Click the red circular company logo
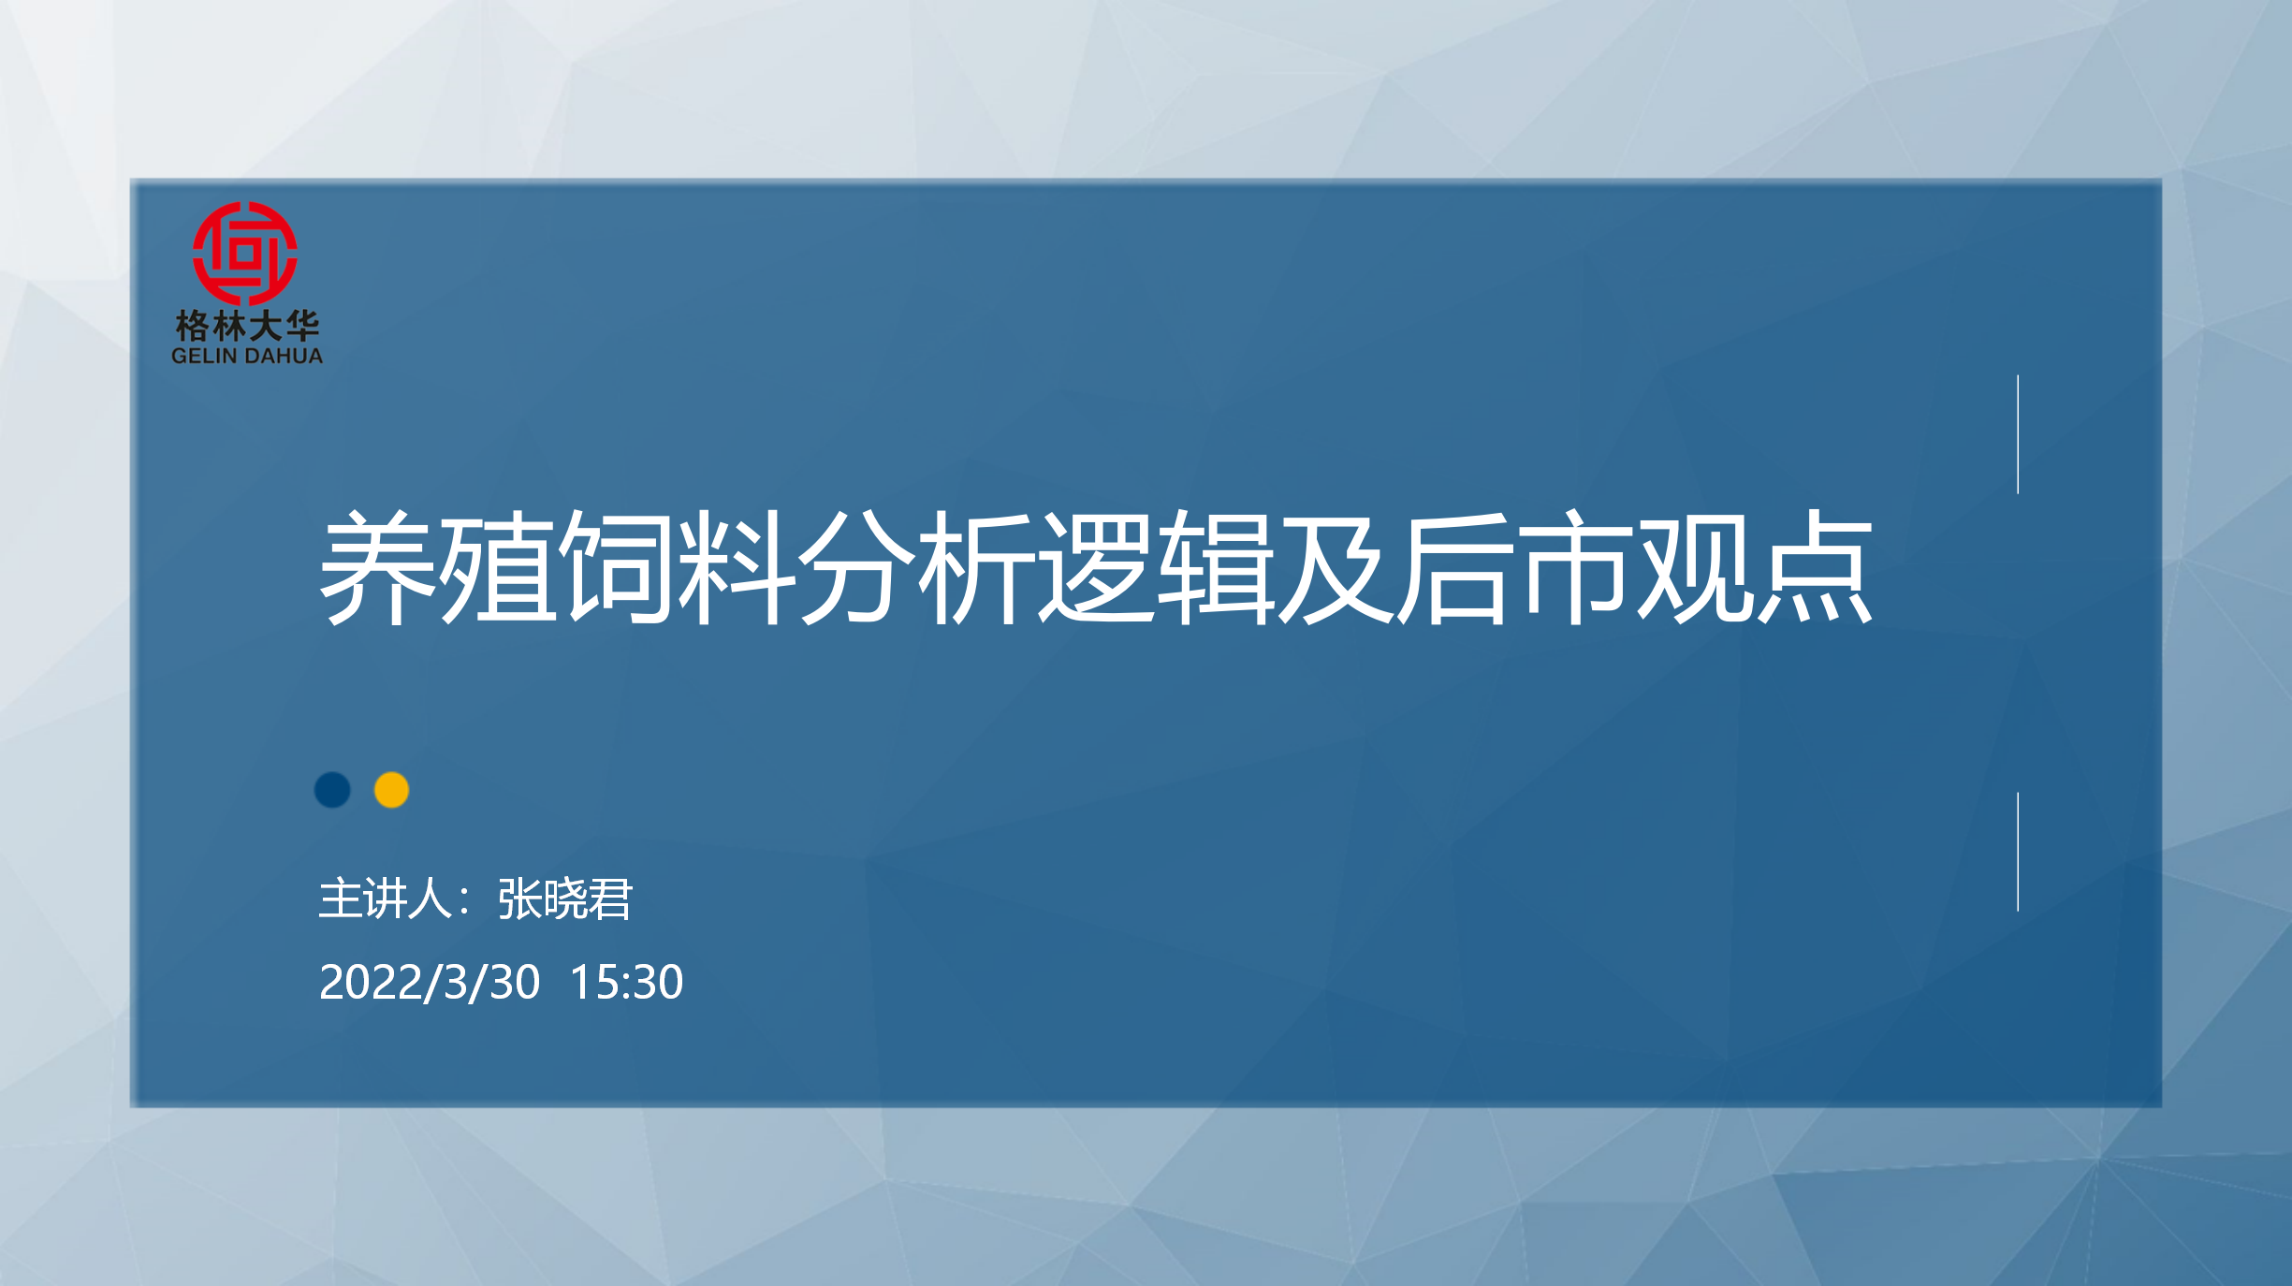point(245,254)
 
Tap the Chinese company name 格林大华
point(247,326)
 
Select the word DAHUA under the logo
point(284,356)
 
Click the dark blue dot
point(332,790)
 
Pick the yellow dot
point(391,790)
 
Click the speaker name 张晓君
point(565,899)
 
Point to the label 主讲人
point(386,899)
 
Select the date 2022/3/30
point(430,983)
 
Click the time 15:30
point(626,983)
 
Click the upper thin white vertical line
point(2018,434)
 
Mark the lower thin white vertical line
point(2018,852)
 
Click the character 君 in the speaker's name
point(611,899)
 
